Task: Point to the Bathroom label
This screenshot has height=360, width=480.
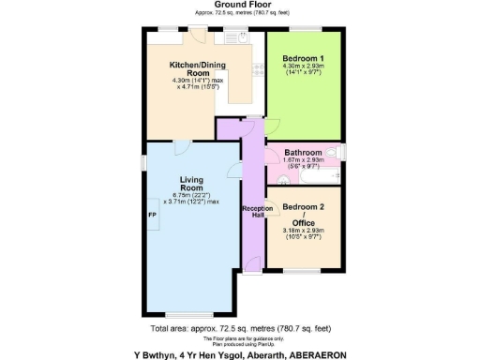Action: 304,152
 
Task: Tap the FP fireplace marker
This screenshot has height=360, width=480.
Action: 152,215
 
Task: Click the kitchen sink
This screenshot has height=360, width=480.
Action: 234,39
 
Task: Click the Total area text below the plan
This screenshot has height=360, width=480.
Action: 239,329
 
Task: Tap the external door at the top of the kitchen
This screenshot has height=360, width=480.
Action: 200,35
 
